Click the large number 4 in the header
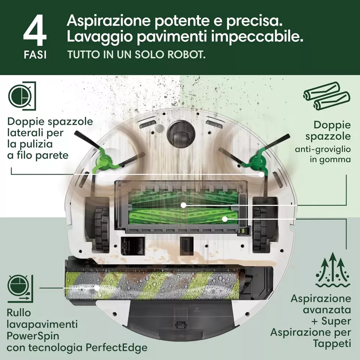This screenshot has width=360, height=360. point(35,31)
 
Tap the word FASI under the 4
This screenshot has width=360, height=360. point(35,55)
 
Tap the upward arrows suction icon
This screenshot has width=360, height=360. point(333,272)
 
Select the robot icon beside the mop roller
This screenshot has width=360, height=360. point(21,288)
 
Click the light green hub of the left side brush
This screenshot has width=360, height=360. point(103,160)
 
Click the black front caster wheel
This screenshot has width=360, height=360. point(181,133)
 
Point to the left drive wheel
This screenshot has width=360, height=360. point(101,229)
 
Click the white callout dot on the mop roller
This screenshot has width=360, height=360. point(97,287)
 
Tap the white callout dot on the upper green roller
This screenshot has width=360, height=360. point(183,205)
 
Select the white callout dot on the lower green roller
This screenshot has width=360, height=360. point(225,219)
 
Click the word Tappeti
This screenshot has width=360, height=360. point(332,344)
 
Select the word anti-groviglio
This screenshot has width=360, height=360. point(323,150)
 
